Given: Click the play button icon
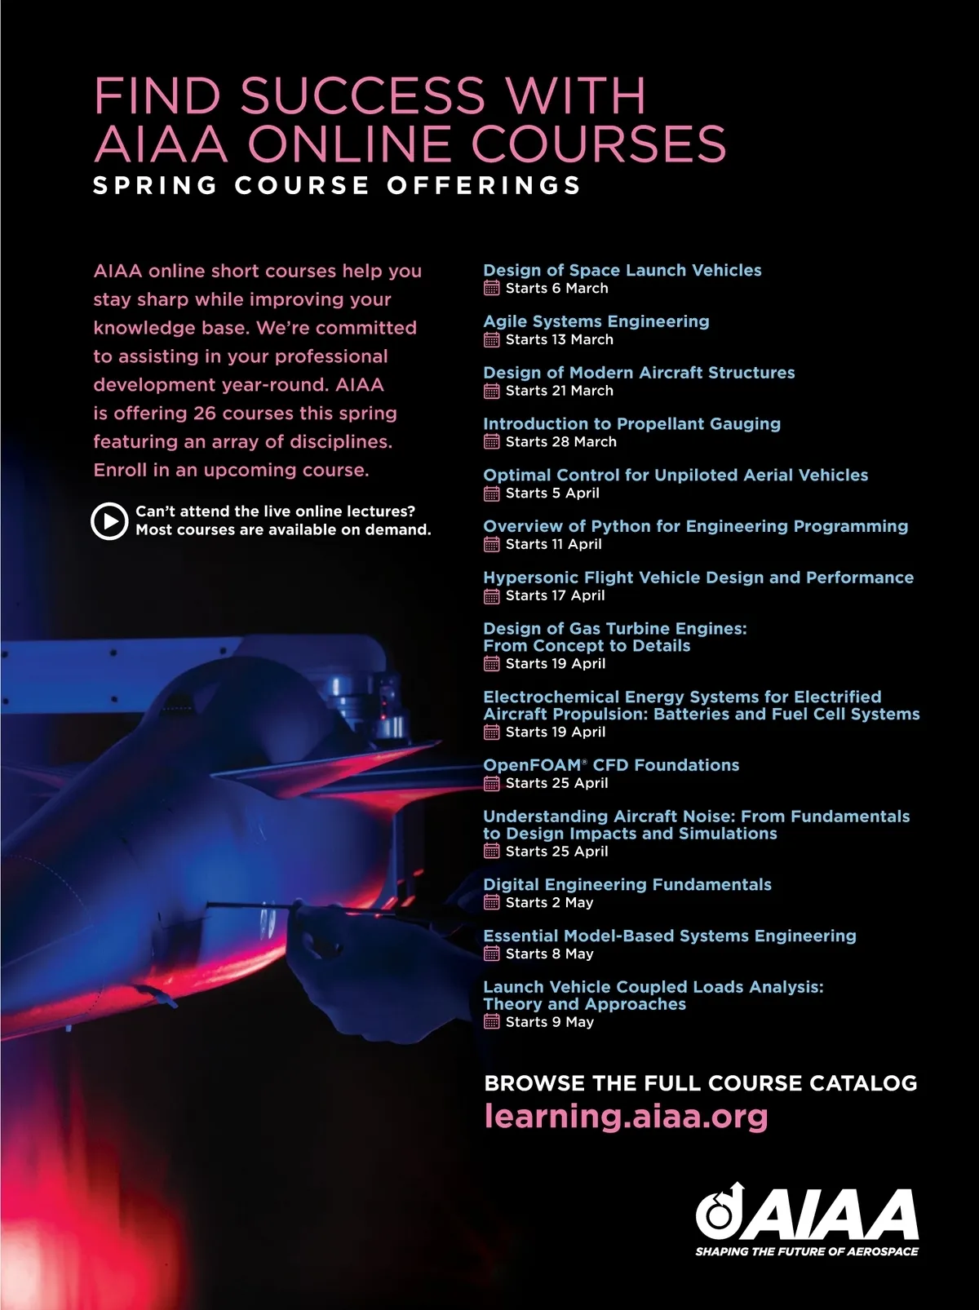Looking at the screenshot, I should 109,520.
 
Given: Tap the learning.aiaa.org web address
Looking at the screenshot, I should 626,1116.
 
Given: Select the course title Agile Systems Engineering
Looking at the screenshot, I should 596,321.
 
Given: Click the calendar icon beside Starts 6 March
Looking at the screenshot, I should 491,288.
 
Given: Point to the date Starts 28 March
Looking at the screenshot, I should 560,441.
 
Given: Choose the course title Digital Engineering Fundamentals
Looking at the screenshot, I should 627,884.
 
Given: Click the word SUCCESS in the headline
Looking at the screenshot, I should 362,95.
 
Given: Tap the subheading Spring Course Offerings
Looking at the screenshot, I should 337,185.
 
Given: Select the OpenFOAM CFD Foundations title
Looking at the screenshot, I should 611,765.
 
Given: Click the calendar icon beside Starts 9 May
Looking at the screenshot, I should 491,1021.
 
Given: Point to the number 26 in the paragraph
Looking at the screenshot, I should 205,413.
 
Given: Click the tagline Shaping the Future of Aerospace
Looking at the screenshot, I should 806,1251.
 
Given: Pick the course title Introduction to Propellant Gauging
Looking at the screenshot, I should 631,423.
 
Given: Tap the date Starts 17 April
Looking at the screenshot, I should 555,595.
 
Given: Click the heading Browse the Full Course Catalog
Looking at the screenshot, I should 700,1083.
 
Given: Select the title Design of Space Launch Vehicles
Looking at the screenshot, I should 622,270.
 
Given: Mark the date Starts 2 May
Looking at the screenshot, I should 549,902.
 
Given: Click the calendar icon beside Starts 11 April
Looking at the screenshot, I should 491,544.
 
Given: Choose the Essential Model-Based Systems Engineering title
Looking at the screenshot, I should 669,936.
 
